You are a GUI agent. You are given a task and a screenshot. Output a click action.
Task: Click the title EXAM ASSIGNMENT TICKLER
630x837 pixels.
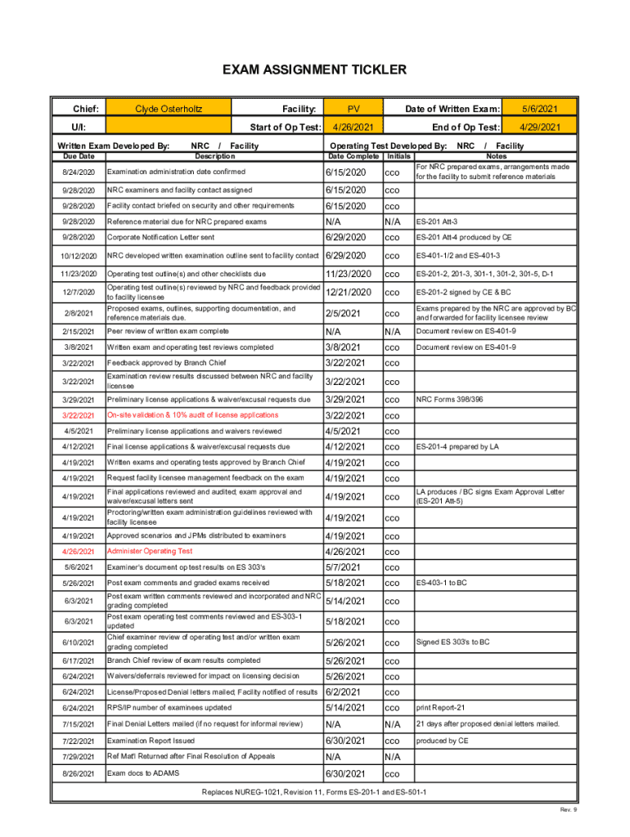[x=315, y=70]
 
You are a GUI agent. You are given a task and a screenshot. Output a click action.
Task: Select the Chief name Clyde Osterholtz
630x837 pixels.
[x=169, y=109]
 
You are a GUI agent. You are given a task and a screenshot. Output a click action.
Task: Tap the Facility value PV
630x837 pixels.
[x=353, y=109]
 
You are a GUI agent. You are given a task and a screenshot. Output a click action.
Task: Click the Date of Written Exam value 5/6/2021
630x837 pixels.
[x=540, y=109]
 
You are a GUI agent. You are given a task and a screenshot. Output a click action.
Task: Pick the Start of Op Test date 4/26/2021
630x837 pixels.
[x=353, y=128]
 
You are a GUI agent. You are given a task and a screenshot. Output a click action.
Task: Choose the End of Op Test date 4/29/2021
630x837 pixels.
[x=540, y=128]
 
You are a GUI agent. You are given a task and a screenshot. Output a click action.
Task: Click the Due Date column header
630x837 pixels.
[x=79, y=155]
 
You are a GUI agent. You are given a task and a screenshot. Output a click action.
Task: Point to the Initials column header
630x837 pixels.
[x=398, y=155]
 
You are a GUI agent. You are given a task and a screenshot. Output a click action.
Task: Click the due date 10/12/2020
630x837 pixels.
[x=79, y=256]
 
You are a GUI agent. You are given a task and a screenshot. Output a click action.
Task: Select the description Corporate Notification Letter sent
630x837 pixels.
[x=161, y=238]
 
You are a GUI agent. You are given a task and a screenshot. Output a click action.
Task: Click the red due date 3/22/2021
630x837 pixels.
[x=79, y=415]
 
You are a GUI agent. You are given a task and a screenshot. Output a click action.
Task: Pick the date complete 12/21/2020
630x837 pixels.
[x=349, y=293]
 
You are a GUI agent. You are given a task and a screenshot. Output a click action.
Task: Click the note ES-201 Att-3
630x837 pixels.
[x=437, y=222]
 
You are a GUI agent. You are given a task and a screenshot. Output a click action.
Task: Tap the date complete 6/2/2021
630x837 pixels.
[x=343, y=692]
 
